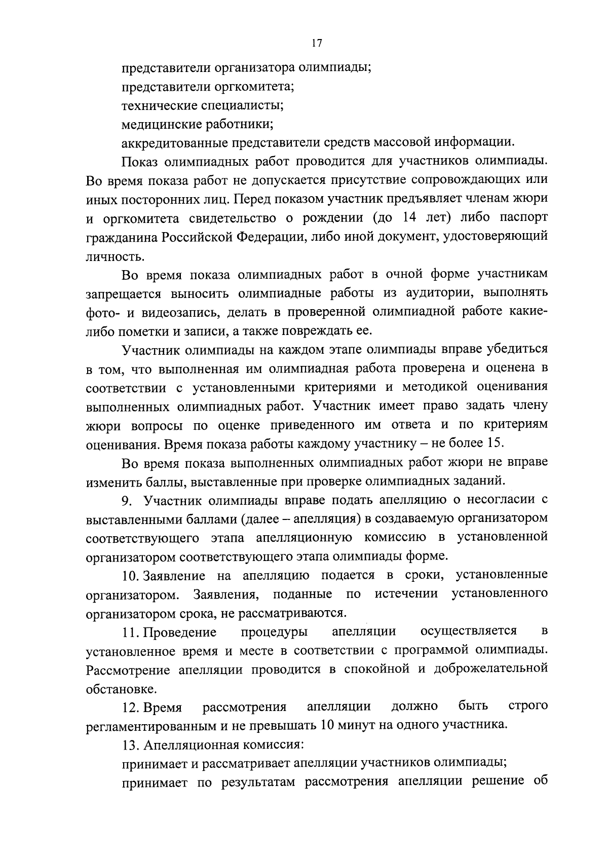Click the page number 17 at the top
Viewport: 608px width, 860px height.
point(317,43)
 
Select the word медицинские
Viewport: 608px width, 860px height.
point(160,124)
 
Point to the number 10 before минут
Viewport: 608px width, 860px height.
point(327,725)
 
